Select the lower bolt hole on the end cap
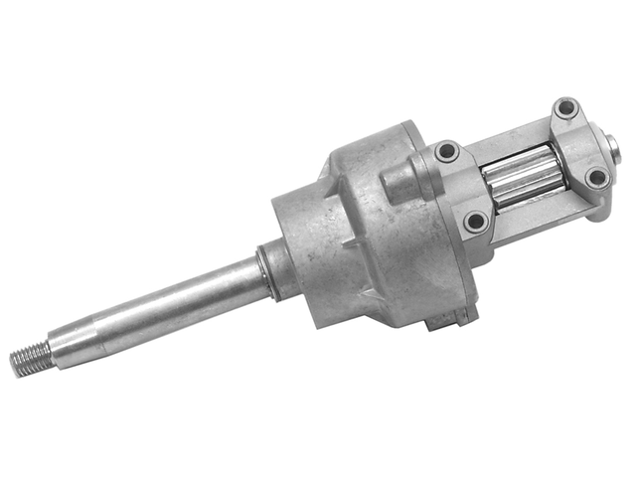pyautogui.click(x=596, y=177)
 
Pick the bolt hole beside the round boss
pyautogui.click(x=445, y=151)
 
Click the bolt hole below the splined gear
pyautogui.click(x=476, y=220)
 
